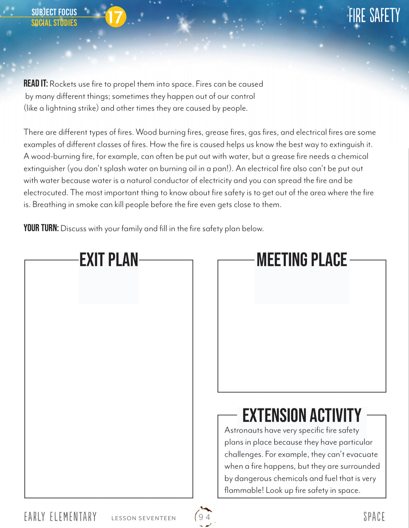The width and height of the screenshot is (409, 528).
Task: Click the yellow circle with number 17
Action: pyautogui.click(x=116, y=17)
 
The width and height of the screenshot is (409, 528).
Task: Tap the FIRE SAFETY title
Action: pyautogui.click(x=374, y=15)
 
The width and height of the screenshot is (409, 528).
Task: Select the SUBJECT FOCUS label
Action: pyautogui.click(x=54, y=12)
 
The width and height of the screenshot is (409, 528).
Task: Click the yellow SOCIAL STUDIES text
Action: pyautogui.click(x=54, y=23)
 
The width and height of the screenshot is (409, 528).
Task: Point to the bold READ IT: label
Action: pyautogui.click(x=36, y=84)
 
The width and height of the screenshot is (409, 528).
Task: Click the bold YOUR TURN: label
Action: pyautogui.click(x=41, y=228)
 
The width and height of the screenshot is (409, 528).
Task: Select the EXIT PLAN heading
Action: pyautogui.click(x=109, y=260)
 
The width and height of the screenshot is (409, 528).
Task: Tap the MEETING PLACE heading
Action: pyautogui.click(x=302, y=260)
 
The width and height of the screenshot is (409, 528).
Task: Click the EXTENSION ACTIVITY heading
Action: pyautogui.click(x=302, y=415)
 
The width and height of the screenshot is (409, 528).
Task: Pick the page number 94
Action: pyautogui.click(x=204, y=517)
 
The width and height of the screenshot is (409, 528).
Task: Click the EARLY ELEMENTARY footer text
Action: pyautogui.click(x=60, y=517)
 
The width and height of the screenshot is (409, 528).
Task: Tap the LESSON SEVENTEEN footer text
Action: pyautogui.click(x=144, y=518)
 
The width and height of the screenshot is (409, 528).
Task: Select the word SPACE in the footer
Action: pyautogui.click(x=374, y=517)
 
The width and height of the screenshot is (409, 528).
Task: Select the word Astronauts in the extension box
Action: pyautogui.click(x=244, y=430)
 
